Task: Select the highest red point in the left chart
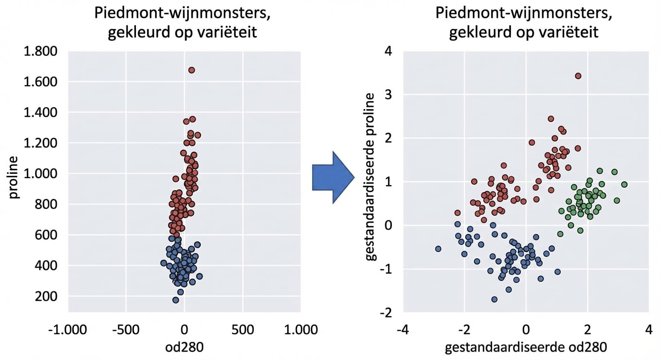tap(191, 70)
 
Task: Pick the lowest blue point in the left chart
tap(176, 300)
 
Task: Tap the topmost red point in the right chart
tap(578, 76)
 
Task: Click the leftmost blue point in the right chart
tap(438, 249)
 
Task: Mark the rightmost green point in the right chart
tap(624, 185)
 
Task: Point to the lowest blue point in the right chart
tap(494, 299)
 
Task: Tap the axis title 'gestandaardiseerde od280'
tap(525, 347)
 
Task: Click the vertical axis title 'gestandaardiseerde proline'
tap(370, 177)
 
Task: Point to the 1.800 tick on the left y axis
tap(40, 51)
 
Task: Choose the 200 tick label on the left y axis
tap(47, 296)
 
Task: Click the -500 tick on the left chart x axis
tap(125, 330)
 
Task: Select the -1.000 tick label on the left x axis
tap(67, 330)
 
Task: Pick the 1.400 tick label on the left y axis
tap(40, 112)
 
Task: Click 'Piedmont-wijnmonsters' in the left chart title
tap(182, 13)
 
